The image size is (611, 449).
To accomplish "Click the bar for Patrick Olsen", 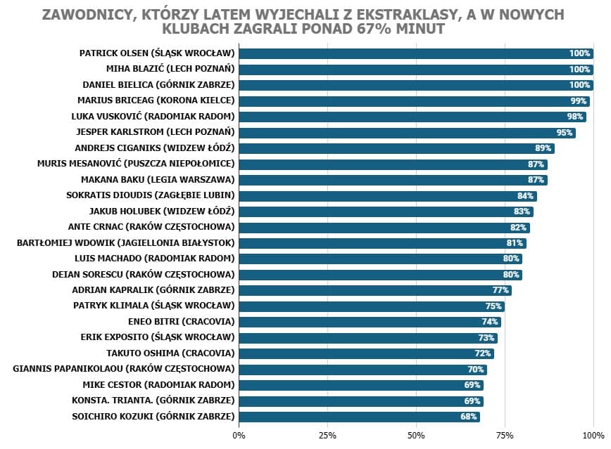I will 415,53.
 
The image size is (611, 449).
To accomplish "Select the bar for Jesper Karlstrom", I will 407,133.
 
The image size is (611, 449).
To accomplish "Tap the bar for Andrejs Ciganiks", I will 396,148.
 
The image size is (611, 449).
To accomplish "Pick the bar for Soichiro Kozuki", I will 359,417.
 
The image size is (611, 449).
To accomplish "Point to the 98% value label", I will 575,117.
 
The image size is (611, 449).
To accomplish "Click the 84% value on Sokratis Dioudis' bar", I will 525,196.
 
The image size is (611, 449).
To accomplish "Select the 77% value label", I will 500,290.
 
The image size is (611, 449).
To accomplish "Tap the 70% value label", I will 476,370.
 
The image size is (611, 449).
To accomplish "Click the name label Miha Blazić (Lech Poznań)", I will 170,69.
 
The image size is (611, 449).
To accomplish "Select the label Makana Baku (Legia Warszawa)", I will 157,180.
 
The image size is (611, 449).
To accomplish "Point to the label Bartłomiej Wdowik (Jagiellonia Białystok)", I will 125,243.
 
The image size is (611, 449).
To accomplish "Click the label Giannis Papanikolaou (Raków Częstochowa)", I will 123,369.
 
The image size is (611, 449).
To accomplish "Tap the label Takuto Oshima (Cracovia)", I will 170,353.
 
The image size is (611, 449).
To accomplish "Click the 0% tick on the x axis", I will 239,436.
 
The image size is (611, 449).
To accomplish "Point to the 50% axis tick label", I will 416,436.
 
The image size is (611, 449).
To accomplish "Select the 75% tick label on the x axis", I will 505,436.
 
